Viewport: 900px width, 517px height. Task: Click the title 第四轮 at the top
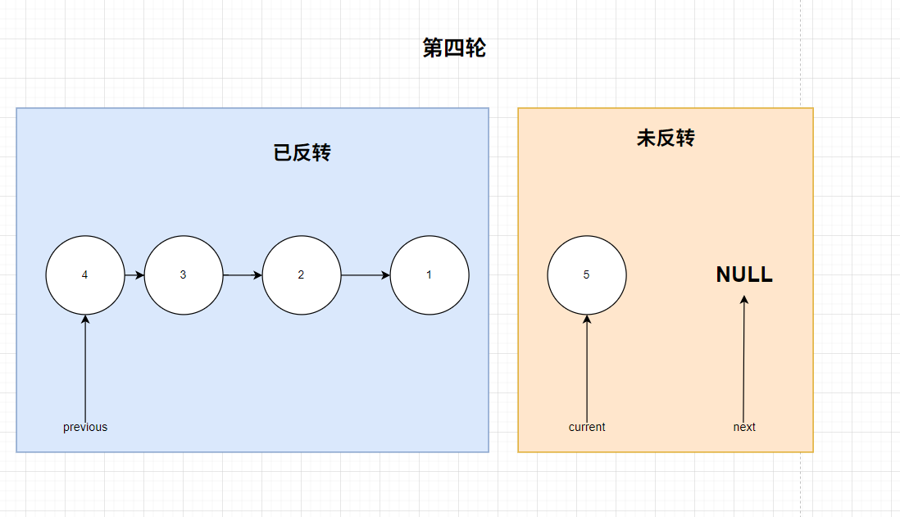(454, 48)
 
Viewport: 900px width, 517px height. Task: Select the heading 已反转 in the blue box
(302, 152)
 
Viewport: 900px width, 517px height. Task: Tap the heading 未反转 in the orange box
(666, 138)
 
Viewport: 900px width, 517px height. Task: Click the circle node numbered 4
(85, 275)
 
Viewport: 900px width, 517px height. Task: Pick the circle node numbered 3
(184, 275)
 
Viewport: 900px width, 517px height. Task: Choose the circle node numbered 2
(302, 275)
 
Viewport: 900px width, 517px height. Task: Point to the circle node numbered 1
(430, 275)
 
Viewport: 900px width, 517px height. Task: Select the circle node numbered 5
(587, 275)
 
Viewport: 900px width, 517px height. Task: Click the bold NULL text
(744, 274)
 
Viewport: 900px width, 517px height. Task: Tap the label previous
(85, 427)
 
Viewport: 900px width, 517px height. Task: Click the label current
(587, 427)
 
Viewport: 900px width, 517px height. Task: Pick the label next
(744, 427)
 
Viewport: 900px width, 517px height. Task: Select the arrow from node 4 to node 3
(134, 275)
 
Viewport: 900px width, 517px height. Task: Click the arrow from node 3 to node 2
(243, 275)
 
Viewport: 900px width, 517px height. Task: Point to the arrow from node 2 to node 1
(366, 275)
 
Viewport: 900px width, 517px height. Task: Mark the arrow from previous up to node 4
(85, 369)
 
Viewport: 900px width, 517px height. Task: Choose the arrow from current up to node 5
(587, 369)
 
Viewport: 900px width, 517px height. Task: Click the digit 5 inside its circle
(586, 275)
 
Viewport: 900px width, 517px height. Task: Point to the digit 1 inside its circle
(429, 275)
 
